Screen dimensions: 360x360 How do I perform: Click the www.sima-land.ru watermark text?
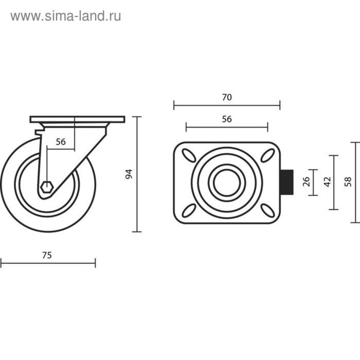coord(65,16)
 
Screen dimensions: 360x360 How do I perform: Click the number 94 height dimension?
coord(129,174)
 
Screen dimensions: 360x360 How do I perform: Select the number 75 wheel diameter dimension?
coord(47,255)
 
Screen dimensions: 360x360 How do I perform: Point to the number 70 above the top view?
coord(227,97)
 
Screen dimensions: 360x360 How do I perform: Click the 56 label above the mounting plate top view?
coord(227,119)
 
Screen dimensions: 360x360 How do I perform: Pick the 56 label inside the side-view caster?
coord(61,142)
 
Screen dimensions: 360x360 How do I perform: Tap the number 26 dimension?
coord(307,183)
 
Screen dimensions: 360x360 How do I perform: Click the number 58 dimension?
coord(348,182)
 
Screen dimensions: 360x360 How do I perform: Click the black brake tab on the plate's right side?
coord(286,183)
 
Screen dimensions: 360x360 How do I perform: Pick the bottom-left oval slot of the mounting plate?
coord(189,210)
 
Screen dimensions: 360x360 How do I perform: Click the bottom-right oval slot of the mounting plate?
coord(266,210)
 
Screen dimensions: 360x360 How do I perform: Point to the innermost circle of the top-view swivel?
coord(227,183)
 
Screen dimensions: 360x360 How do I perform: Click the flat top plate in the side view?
coord(77,119)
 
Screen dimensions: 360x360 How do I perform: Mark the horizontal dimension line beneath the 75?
coord(48,264)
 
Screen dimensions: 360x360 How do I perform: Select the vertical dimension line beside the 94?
coord(137,174)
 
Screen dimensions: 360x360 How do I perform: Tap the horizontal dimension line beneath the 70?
coord(227,105)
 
